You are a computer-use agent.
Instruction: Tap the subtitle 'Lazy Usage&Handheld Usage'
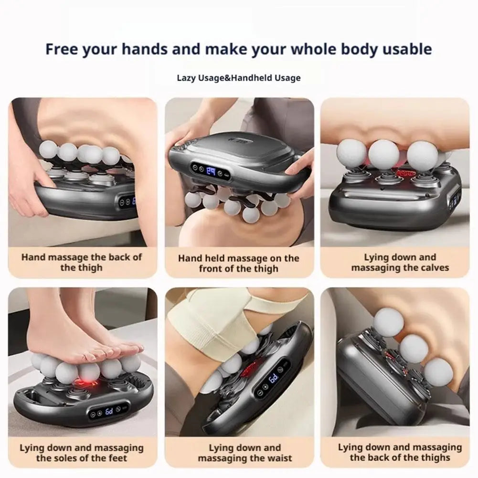[x=239, y=78]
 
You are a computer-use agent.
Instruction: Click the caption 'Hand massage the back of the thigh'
[x=82, y=262]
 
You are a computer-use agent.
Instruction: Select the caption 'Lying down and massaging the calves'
[x=400, y=263]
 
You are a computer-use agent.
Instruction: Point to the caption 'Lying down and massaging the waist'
[x=245, y=453]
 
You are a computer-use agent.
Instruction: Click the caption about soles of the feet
[x=82, y=453]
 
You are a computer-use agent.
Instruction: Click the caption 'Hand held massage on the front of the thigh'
[x=239, y=263]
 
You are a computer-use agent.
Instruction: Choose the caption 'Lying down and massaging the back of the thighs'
[x=400, y=453]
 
